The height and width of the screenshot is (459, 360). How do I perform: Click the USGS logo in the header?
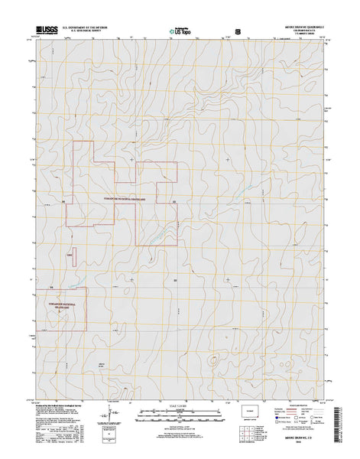click(x=45, y=32)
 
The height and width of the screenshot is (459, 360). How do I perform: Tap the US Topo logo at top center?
click(x=180, y=32)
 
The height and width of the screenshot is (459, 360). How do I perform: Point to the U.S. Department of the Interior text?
click(x=90, y=28)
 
